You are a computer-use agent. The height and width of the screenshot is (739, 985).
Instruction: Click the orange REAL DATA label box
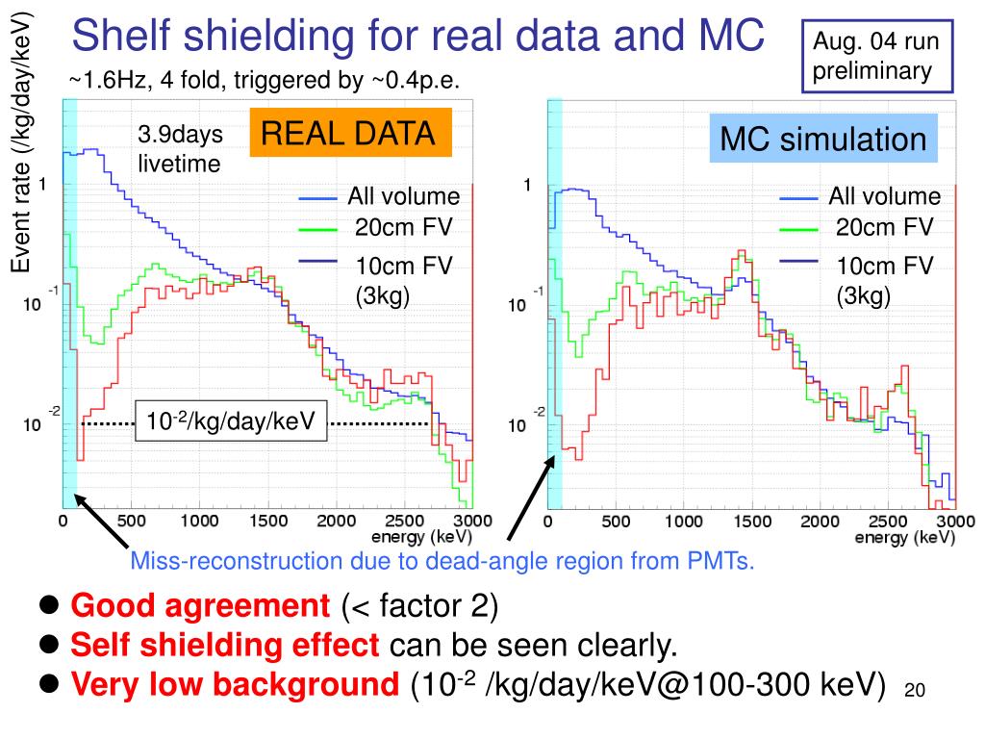pos(350,133)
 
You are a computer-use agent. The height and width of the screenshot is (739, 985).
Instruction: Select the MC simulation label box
pos(823,140)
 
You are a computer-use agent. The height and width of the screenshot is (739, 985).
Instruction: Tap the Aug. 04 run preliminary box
pos(875,56)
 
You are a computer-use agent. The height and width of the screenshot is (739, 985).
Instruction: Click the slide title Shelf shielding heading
pos(418,37)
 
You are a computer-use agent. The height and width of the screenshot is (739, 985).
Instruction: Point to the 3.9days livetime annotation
pos(179,150)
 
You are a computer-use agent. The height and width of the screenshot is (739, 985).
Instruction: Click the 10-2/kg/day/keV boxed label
pos(231,421)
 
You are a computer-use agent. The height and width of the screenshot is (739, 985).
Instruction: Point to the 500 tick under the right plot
pos(616,521)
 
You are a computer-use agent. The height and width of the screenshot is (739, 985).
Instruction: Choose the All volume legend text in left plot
pos(404,197)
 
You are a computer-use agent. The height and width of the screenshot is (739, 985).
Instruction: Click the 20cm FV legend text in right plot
pos(885,228)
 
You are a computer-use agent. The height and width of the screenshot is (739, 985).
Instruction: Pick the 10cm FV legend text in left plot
pos(404,266)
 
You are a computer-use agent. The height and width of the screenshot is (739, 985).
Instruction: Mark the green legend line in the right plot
pos(797,230)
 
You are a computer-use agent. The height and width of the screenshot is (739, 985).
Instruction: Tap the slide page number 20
pos(914,690)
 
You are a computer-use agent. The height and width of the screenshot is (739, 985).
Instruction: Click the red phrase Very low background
pos(236,684)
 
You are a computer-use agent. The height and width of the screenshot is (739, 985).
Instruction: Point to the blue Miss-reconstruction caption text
pos(442,561)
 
